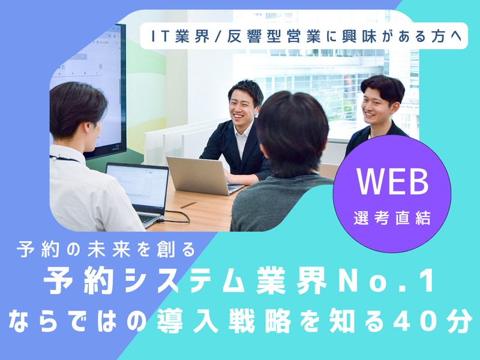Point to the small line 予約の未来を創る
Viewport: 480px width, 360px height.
pos(107,249)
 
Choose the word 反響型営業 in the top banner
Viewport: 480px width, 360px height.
pos(263,37)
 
